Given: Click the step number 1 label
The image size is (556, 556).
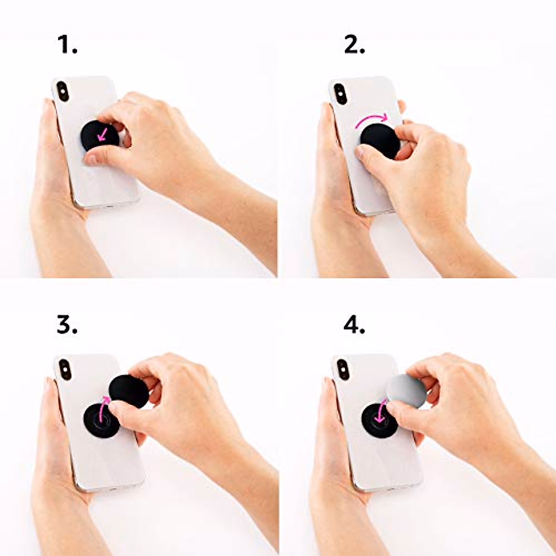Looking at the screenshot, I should click(x=67, y=45).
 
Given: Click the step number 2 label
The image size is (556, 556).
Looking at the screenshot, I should click(x=354, y=45).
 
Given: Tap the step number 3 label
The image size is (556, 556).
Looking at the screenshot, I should click(x=67, y=325).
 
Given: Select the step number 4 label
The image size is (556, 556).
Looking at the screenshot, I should click(x=354, y=325).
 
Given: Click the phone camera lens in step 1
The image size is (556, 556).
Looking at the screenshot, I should click(x=62, y=91).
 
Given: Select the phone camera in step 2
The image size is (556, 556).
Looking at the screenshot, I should click(x=340, y=93).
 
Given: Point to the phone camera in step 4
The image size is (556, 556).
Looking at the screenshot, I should click(x=342, y=369).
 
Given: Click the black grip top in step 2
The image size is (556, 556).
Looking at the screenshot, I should click(x=380, y=141).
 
